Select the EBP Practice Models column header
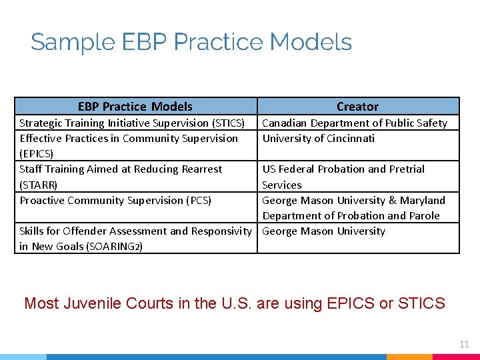[x=135, y=107]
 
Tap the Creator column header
[x=357, y=107]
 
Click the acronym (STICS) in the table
[x=228, y=123]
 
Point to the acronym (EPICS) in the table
[x=37, y=154]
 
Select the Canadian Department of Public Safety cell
[x=354, y=123]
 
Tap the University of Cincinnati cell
[x=318, y=139]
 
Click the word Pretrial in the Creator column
[x=406, y=169]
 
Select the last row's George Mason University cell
[x=323, y=231]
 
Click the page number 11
[x=464, y=344]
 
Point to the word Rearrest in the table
[x=199, y=169]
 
